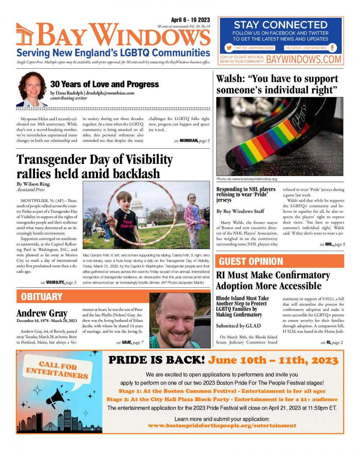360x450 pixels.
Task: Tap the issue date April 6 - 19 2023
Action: tap(190, 20)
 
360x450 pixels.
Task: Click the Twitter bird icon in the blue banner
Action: tap(229, 48)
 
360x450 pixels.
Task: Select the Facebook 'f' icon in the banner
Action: tap(333, 48)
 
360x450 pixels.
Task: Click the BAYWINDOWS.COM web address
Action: tap(303, 60)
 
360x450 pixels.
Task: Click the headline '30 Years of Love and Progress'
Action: tap(104, 84)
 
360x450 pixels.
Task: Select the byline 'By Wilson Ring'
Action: tap(33, 184)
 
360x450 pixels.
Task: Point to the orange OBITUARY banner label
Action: tap(41, 297)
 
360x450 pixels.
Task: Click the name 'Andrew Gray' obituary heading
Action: tap(42, 313)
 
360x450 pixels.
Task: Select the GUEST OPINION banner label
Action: tap(251, 261)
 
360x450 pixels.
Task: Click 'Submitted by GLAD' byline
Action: tap(238, 326)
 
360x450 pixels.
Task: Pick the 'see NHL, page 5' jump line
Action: tap(332, 244)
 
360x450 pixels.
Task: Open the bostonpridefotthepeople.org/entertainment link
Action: tap(222, 426)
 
